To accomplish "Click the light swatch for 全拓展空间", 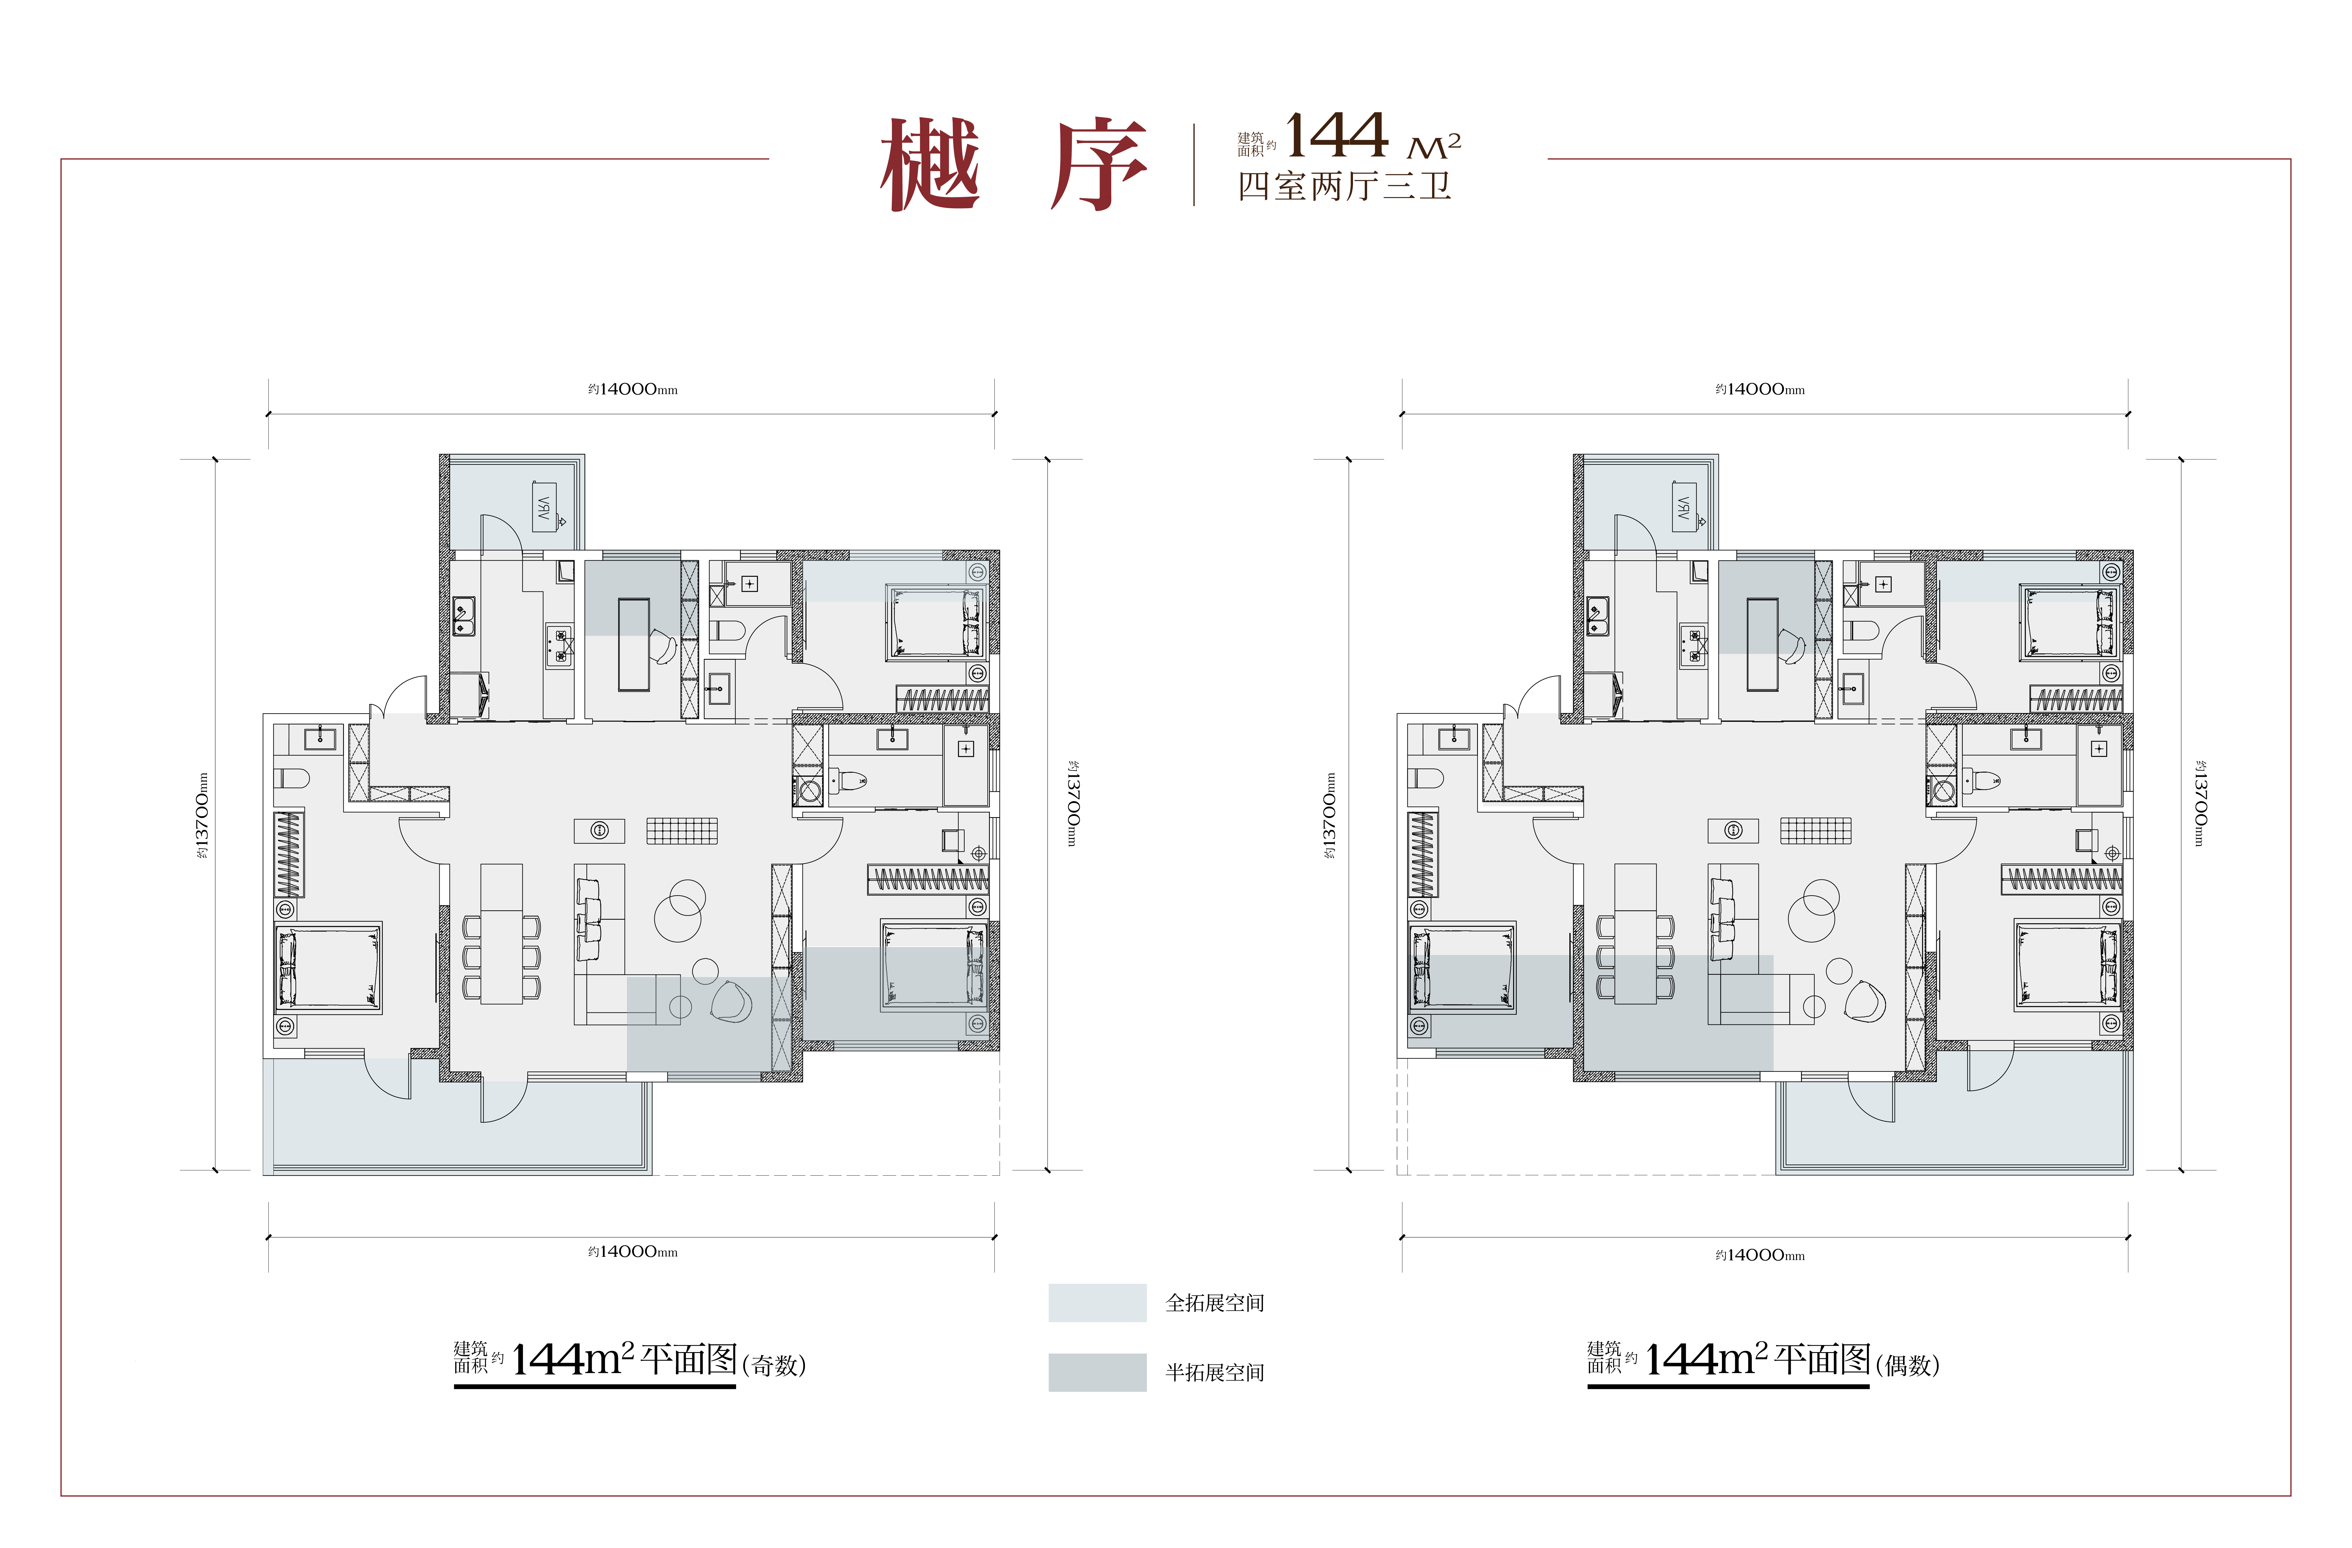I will [1097, 1303].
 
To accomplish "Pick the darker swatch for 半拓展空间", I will [1097, 1372].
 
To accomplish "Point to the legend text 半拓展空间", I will [1215, 1372].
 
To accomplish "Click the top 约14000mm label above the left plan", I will [632, 389].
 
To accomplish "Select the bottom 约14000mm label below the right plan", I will [1760, 1255].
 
